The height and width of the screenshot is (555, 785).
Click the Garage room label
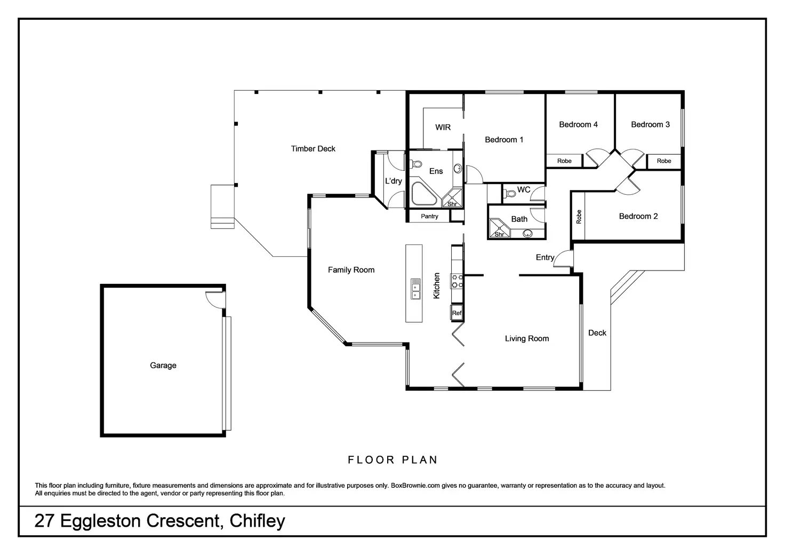163,366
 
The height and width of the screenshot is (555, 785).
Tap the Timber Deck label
313,149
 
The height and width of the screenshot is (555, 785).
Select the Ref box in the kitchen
456,313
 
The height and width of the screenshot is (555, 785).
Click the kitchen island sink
415,289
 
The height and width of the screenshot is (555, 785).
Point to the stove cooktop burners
457,281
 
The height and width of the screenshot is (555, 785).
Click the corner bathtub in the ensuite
424,194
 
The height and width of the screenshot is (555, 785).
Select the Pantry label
429,216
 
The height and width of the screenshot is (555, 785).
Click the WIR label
443,127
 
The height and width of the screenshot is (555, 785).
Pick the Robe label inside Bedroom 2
579,217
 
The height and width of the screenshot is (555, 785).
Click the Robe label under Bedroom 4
564,161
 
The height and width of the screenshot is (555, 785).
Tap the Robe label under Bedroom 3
664,161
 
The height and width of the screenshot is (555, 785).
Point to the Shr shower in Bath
499,228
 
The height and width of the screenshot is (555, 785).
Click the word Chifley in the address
257,521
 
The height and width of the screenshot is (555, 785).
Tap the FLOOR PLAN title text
392,459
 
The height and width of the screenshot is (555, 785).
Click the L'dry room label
393,181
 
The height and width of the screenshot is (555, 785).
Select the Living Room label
527,338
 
